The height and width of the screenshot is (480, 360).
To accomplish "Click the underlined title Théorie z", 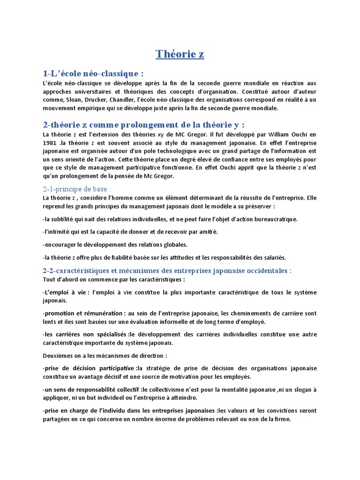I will tap(180, 54).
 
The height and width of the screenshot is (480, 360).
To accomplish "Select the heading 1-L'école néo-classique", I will tap(92, 74).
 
